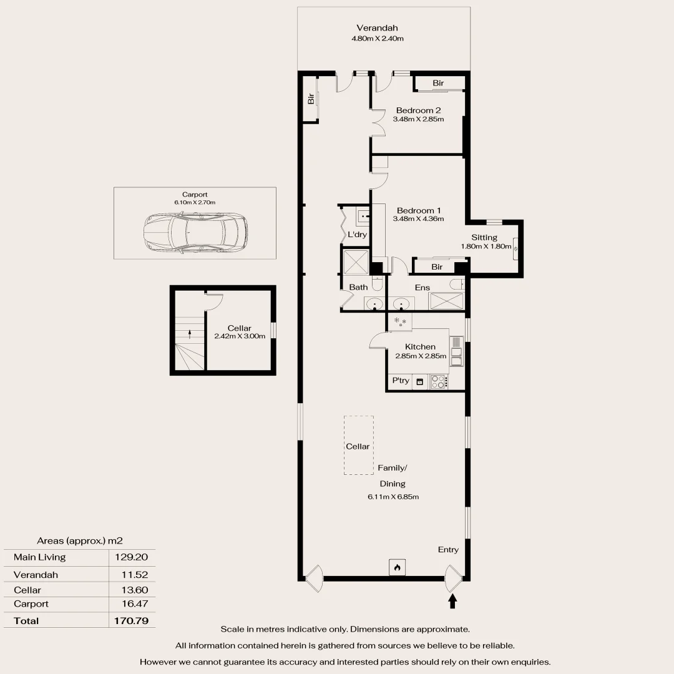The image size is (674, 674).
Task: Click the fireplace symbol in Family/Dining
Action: click(396, 567)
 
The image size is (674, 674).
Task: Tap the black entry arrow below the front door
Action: click(453, 601)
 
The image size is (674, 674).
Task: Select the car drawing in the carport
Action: click(195, 232)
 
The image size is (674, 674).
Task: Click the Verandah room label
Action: click(377, 28)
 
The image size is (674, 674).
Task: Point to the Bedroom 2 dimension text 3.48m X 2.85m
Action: click(418, 119)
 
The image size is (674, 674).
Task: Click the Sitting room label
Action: click(484, 237)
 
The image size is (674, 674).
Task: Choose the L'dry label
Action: click(357, 235)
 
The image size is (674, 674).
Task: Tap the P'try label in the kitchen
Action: click(400, 381)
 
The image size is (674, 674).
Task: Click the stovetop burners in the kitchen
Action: click(439, 381)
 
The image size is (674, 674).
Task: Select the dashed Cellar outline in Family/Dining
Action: click(358, 446)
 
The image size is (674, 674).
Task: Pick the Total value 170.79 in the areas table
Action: click(130, 621)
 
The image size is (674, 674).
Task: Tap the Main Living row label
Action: click(39, 557)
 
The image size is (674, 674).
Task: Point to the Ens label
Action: click(422, 288)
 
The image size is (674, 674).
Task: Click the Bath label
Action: click(358, 287)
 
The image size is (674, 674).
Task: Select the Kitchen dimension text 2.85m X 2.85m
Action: click(421, 356)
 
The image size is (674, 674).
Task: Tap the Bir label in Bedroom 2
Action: click(438, 83)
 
